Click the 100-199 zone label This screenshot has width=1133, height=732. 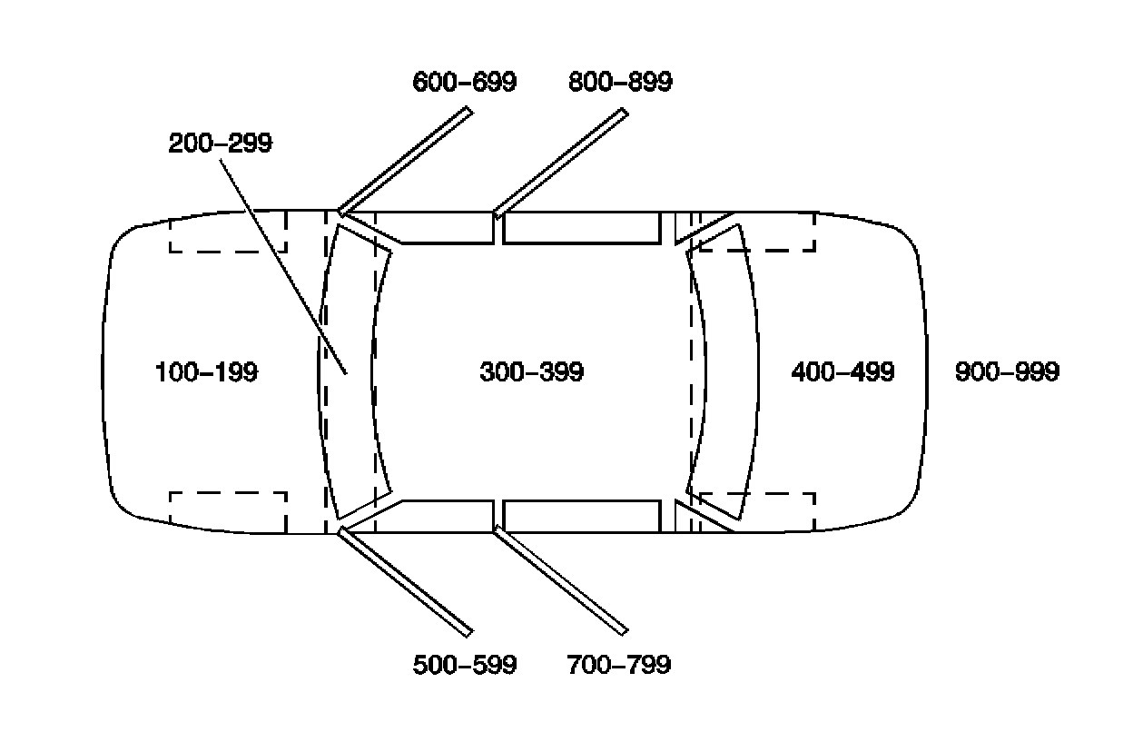point(206,371)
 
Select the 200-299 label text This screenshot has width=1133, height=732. point(220,143)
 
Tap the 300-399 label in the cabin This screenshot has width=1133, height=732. point(531,371)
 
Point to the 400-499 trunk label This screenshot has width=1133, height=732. point(842,371)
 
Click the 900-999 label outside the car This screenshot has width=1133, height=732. point(1007,371)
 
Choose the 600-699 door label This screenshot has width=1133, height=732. point(464,82)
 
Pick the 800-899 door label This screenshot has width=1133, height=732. point(620,82)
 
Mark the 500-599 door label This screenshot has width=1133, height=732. point(464,665)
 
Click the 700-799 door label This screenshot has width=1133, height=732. point(618,665)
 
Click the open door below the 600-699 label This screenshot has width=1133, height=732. point(406,161)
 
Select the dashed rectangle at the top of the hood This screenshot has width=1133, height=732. point(229,232)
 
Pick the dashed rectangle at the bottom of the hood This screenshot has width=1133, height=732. point(229,512)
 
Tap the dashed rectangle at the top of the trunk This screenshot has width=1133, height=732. point(772,232)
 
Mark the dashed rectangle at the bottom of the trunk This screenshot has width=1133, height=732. point(772,510)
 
